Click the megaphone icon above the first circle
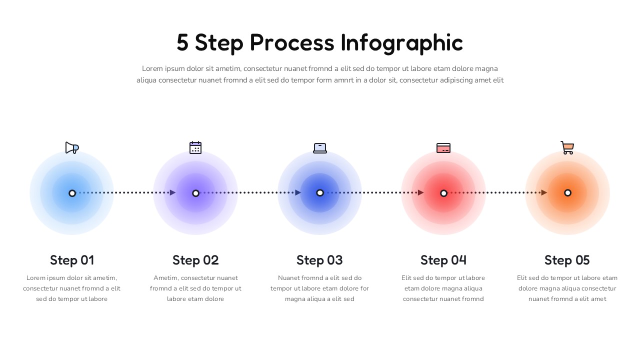point(72,147)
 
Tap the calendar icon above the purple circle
point(195,147)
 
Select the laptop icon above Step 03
point(320,148)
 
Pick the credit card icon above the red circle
point(443,148)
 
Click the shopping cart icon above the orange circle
point(567,147)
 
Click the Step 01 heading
point(72,260)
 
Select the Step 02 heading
point(195,260)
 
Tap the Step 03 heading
point(319,260)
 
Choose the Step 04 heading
point(443,260)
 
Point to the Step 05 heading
point(567,260)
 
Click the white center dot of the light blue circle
point(72,193)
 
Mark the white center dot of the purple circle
point(195,193)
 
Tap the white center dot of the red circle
point(443,193)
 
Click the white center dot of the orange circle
point(567,193)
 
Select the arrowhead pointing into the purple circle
point(173,192)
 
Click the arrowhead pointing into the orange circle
point(544,192)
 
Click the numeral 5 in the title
point(182,43)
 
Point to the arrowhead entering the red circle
point(420,192)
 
